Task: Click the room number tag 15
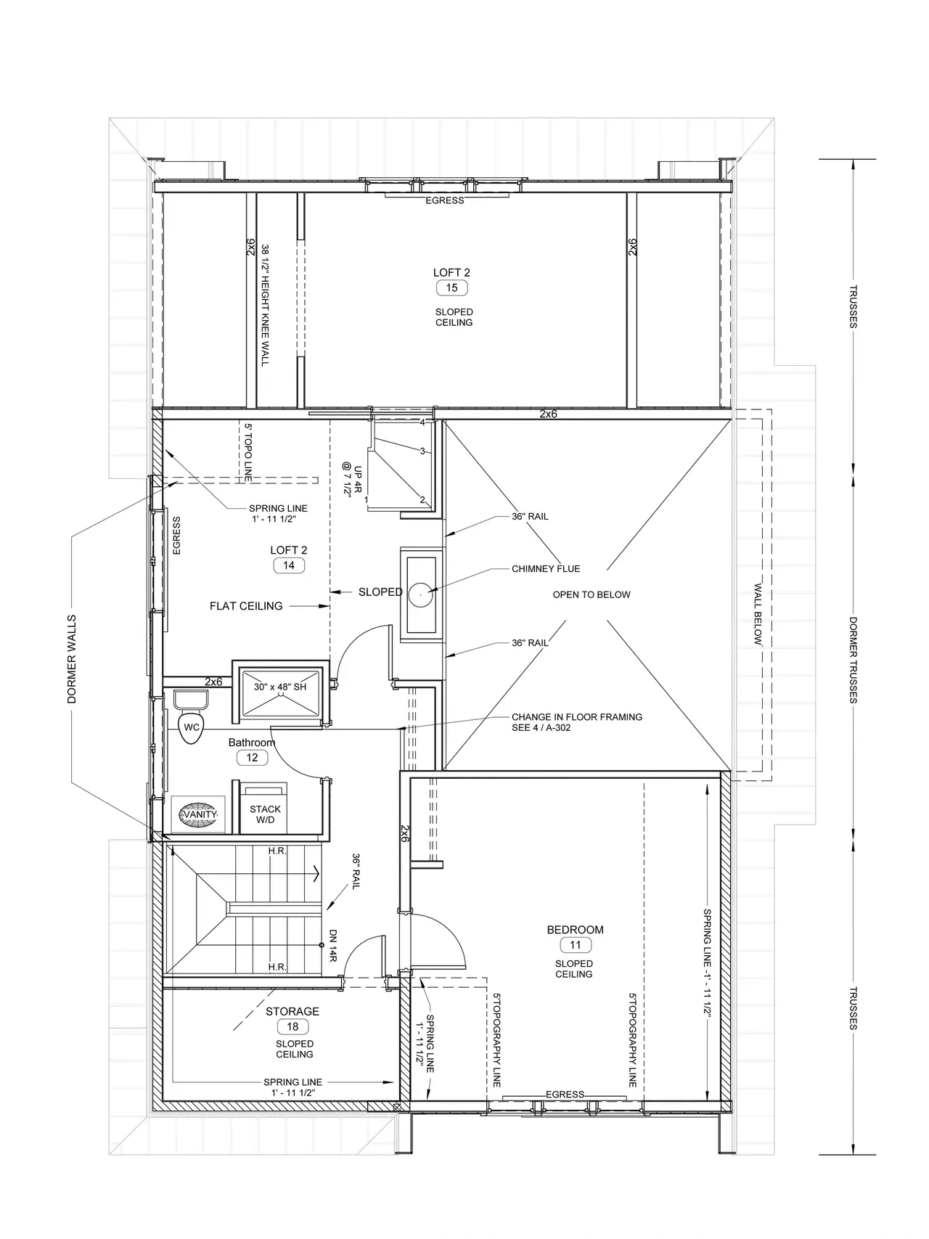[x=451, y=288]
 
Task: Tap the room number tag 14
[x=289, y=565]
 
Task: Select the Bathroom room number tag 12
[x=252, y=758]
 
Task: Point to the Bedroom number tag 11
[x=576, y=945]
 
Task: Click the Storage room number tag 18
[x=292, y=1027]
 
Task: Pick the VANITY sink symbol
[x=200, y=815]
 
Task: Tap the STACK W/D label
[x=265, y=814]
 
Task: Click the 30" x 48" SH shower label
[x=280, y=687]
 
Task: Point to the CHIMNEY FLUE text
[x=546, y=569]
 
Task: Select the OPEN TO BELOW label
[x=592, y=594]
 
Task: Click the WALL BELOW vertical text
[x=758, y=614]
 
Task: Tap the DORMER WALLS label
[x=72, y=660]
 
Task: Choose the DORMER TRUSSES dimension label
[x=854, y=660]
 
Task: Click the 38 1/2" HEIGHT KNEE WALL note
[x=265, y=305]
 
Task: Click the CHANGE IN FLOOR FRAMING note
[x=577, y=721]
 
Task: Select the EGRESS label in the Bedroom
[x=565, y=1095]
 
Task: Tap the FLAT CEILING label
[x=246, y=606]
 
